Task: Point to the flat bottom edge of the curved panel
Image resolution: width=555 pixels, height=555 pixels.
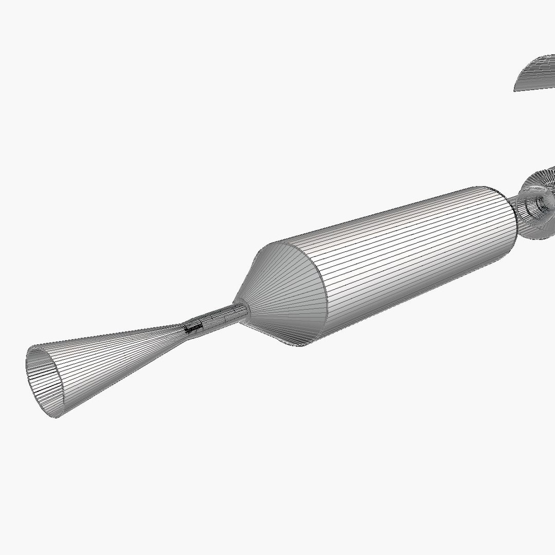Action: click(534, 88)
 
